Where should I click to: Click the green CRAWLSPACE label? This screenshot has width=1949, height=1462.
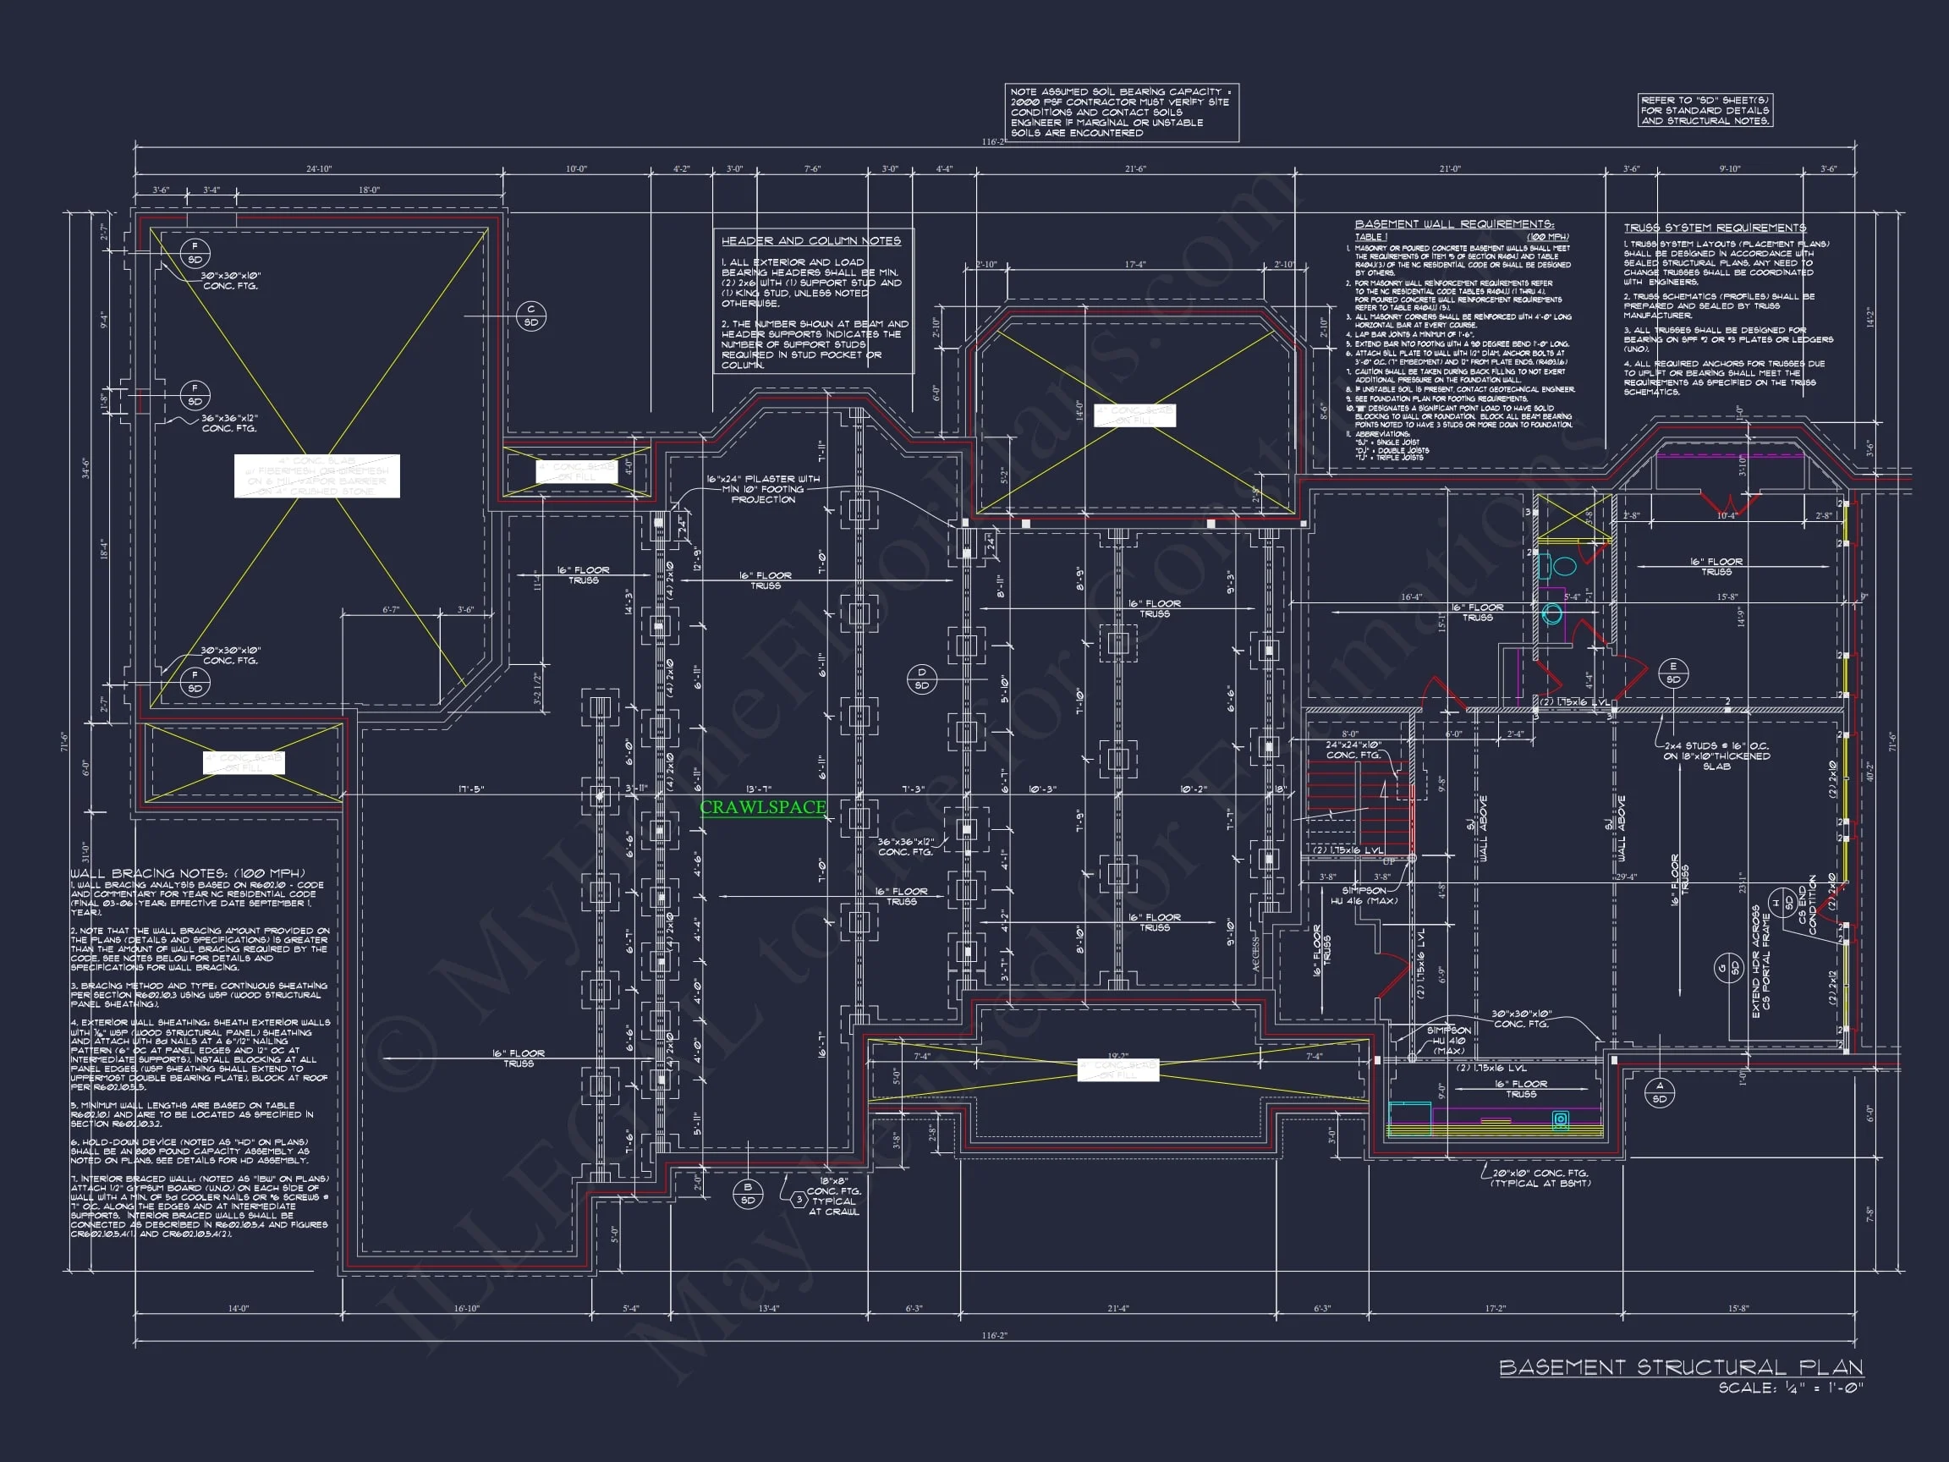tap(763, 807)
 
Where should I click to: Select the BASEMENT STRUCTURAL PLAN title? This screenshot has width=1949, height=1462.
tap(1680, 1367)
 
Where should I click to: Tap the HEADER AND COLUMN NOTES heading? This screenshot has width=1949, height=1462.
tap(810, 240)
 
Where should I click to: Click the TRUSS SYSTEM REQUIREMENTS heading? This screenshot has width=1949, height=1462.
tap(1715, 228)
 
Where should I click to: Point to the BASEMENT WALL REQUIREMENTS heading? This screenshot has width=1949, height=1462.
tap(1454, 224)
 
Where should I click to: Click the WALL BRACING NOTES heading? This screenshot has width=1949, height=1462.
tap(188, 872)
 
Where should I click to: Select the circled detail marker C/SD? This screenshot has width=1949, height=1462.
tap(531, 316)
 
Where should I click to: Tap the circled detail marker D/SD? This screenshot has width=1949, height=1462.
tap(922, 679)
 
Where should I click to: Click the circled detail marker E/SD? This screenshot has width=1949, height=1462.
tap(1672, 673)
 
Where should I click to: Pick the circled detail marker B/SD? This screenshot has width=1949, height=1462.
tap(748, 1193)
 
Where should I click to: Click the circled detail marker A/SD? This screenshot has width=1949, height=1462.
tap(1660, 1092)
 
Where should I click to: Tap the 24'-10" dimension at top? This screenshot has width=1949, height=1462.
tap(319, 168)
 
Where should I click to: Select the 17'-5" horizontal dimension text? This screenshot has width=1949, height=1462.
tap(470, 789)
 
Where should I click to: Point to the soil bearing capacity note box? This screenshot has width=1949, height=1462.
tap(1122, 112)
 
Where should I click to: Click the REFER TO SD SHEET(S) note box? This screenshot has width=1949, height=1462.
tap(1705, 110)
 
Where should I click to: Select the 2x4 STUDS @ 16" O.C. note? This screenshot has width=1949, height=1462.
tap(1716, 756)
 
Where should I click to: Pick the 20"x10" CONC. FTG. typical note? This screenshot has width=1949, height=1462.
tap(1541, 1178)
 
